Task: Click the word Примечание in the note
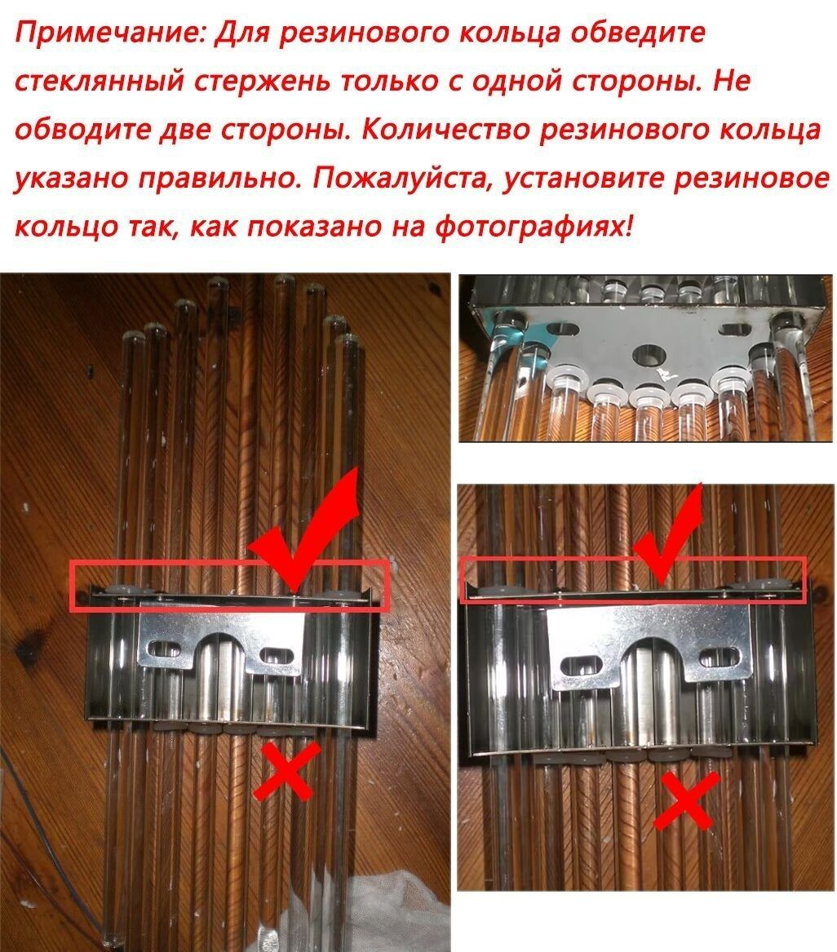(110, 34)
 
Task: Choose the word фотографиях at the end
(535, 228)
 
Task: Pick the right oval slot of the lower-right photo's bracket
(720, 658)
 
